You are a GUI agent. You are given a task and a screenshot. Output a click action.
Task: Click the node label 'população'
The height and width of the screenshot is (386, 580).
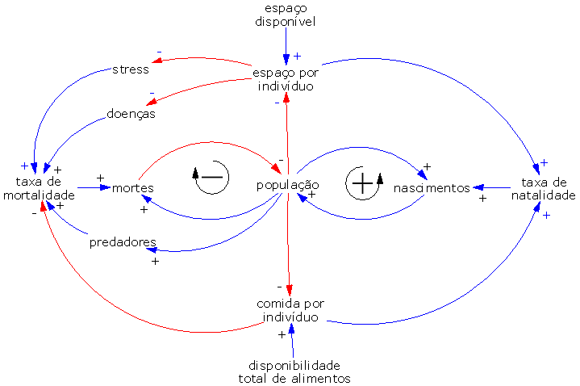pos(287,185)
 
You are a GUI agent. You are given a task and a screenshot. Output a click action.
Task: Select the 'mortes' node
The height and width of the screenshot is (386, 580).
pos(133,188)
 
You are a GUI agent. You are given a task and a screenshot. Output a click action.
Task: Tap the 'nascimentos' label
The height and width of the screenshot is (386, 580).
pos(432,188)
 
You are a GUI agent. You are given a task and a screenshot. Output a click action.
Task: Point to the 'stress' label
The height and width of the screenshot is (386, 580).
pos(131,69)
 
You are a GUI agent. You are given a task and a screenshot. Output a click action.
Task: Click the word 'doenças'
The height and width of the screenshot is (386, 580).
pos(131,114)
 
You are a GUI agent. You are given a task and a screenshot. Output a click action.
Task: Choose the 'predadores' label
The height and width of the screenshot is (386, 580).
pos(123,241)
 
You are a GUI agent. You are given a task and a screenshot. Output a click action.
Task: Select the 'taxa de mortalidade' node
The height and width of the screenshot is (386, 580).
pos(44,188)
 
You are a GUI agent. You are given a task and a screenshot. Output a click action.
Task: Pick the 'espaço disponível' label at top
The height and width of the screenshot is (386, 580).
pos(286,15)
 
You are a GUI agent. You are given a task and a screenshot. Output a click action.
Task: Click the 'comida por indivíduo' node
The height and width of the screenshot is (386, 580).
pos(290,310)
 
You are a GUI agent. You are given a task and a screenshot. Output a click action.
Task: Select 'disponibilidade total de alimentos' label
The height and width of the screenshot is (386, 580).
pos(294,371)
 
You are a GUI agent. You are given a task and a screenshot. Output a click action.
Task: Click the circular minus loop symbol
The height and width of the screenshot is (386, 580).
pos(210,177)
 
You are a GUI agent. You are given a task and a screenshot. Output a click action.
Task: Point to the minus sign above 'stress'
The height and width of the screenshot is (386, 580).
pos(159,52)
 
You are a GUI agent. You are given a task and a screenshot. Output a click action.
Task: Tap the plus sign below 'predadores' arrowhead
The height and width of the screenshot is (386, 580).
pos(155,261)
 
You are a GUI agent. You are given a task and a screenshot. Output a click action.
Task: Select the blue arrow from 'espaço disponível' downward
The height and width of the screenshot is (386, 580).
pos(286,44)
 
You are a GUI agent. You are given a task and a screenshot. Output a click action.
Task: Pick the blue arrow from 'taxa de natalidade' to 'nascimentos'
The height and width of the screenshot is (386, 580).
pos(492,188)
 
